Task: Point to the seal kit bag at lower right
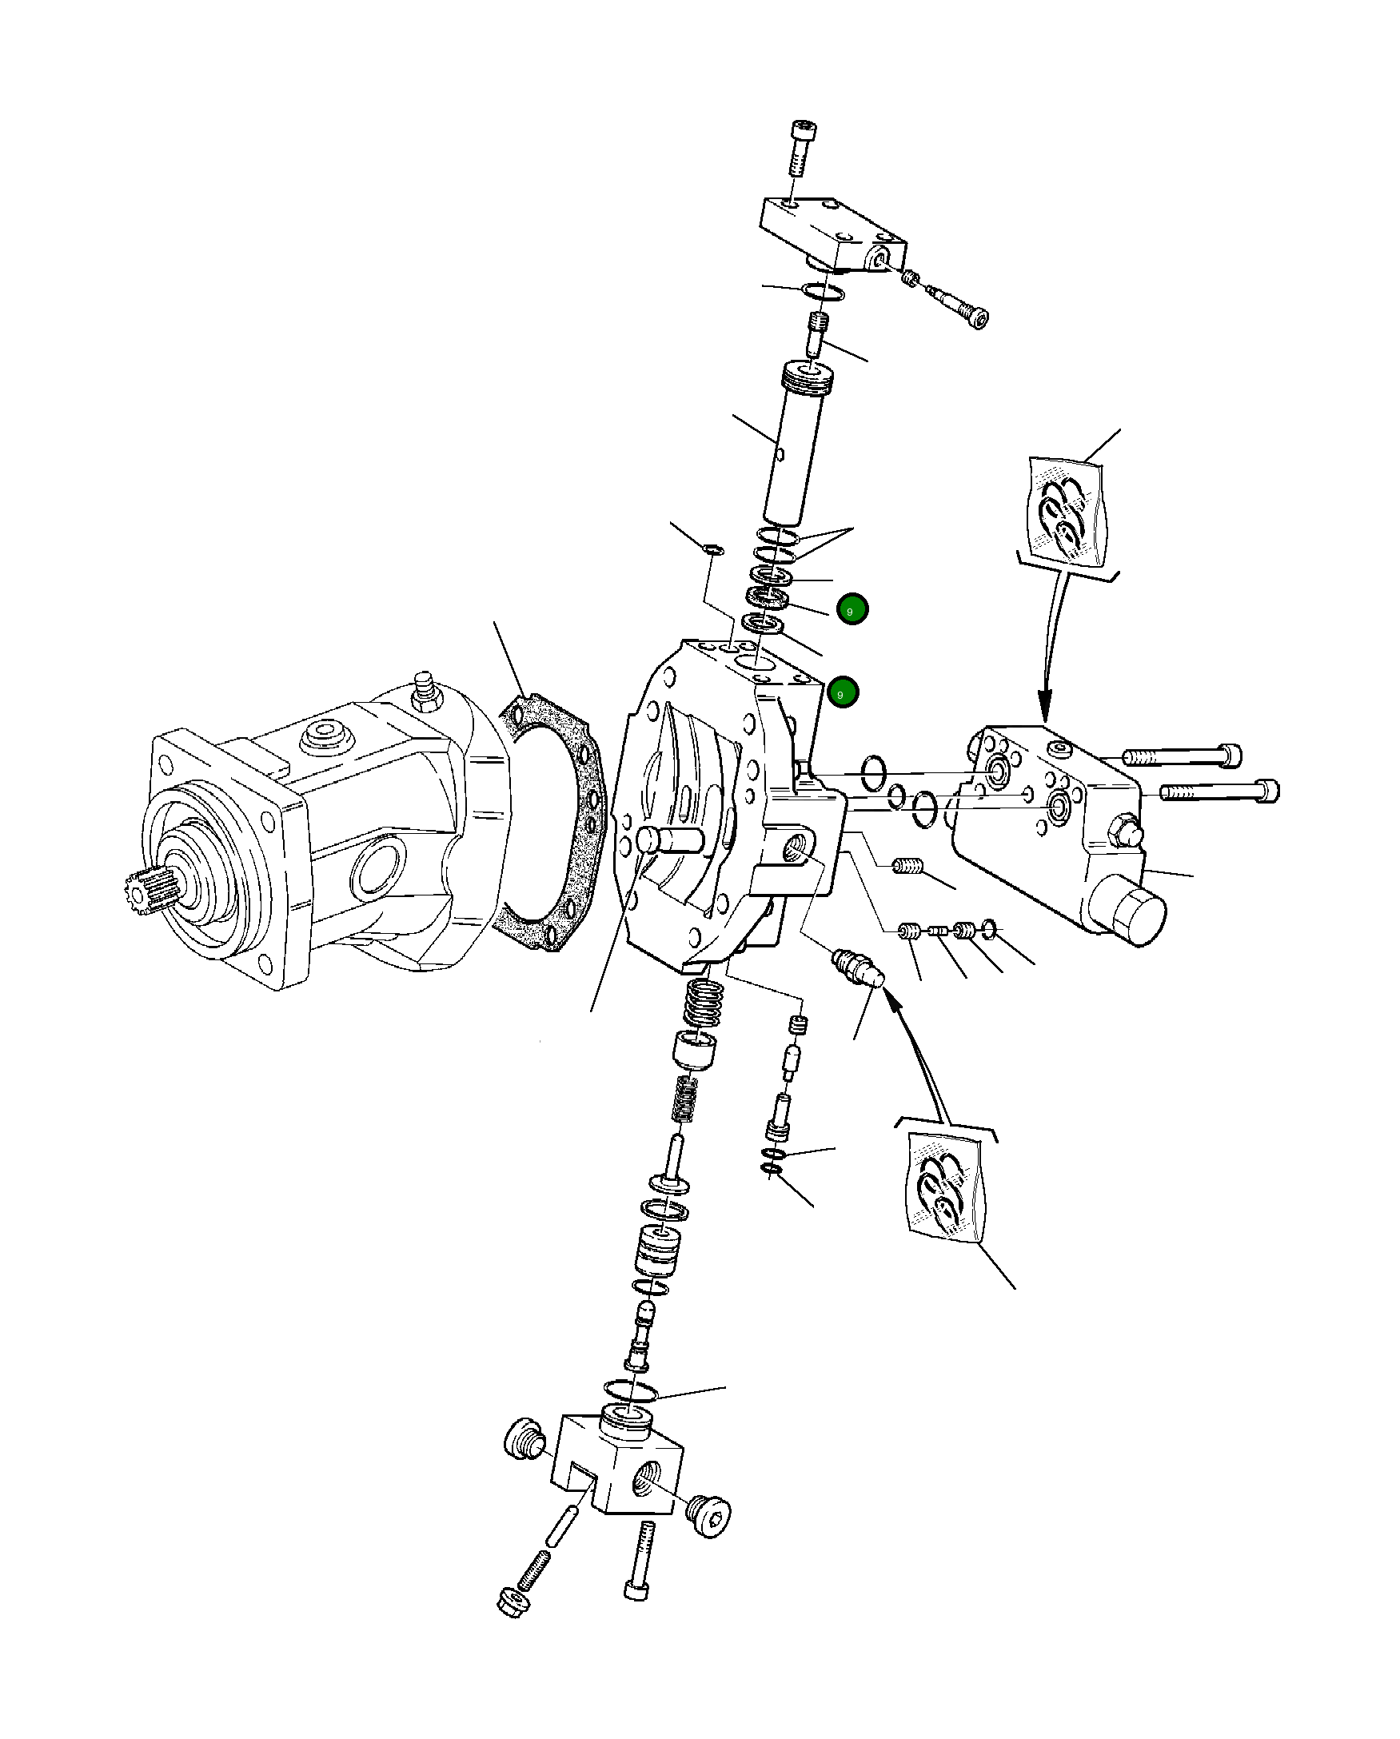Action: [945, 1192]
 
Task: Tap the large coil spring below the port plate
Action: [704, 1004]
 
